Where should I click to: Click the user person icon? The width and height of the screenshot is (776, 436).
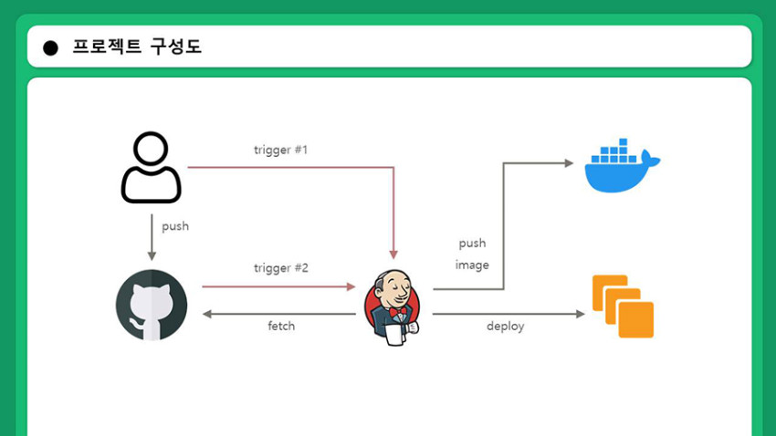click(151, 167)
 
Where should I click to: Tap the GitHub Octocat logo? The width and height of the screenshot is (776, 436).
click(152, 305)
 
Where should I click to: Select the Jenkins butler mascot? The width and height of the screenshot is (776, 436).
click(393, 307)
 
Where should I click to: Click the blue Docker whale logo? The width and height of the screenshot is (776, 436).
click(622, 166)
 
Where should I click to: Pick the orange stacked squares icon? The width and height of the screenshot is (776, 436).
click(623, 306)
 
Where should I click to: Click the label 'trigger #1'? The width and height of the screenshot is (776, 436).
click(280, 150)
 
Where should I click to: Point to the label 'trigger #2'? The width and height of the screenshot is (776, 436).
click(281, 268)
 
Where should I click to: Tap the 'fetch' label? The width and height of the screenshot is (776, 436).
click(281, 326)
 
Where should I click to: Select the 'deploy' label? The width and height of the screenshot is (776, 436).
click(505, 327)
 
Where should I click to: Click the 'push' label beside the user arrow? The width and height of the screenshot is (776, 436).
click(175, 226)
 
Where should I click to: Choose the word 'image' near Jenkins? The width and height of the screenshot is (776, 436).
click(472, 265)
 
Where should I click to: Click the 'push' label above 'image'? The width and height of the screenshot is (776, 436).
click(472, 244)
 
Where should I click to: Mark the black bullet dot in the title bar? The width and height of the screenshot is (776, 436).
click(50, 48)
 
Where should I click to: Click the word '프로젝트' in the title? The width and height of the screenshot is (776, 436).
click(107, 47)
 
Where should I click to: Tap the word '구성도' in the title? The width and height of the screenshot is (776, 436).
click(176, 47)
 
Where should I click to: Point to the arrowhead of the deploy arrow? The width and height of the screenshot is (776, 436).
click(581, 314)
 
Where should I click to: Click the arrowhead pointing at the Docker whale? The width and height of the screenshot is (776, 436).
click(569, 163)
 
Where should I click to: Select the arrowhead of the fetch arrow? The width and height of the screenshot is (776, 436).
click(207, 314)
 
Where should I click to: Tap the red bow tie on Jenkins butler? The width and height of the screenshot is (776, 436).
click(397, 313)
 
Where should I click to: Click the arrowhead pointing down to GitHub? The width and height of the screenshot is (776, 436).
click(152, 256)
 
